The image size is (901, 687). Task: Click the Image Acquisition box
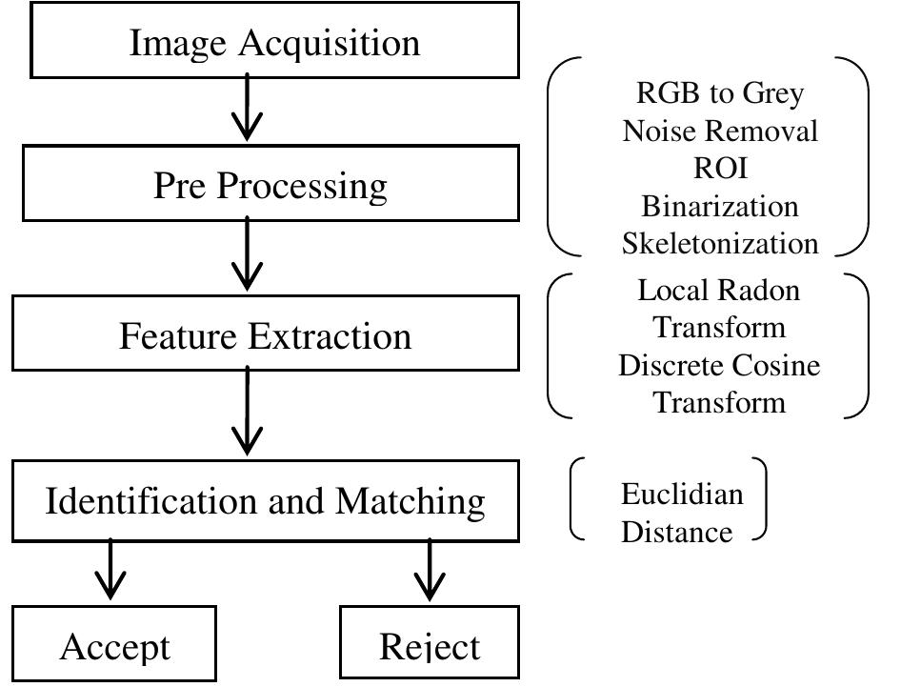click(274, 43)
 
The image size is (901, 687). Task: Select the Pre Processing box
click(270, 185)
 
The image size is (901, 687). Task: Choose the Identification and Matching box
click(266, 500)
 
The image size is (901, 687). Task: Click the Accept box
click(115, 645)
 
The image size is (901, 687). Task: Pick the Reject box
click(430, 645)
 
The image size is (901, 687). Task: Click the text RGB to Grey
click(719, 93)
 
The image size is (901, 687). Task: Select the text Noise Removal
click(720, 131)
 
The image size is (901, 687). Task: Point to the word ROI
click(720, 168)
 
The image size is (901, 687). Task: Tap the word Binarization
click(720, 205)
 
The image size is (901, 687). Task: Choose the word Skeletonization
click(720, 242)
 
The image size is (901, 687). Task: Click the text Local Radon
click(719, 290)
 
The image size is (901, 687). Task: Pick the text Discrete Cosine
click(719, 364)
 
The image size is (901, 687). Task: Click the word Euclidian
click(681, 494)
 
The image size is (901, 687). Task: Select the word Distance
click(677, 531)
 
